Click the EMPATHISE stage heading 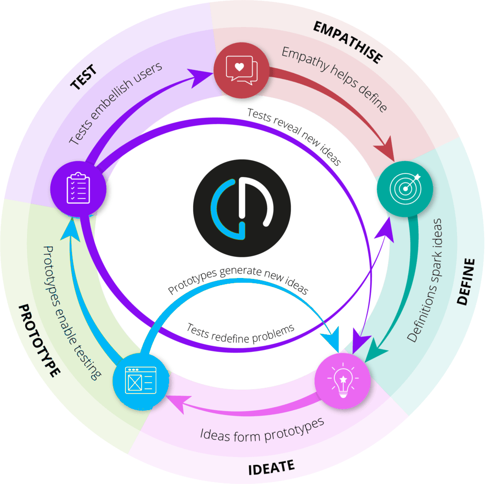tap(348, 42)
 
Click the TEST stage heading tap(84, 78)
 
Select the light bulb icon tap(342, 382)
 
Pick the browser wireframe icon tap(140, 382)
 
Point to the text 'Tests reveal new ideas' tap(294, 136)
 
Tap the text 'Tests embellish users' tap(115, 103)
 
